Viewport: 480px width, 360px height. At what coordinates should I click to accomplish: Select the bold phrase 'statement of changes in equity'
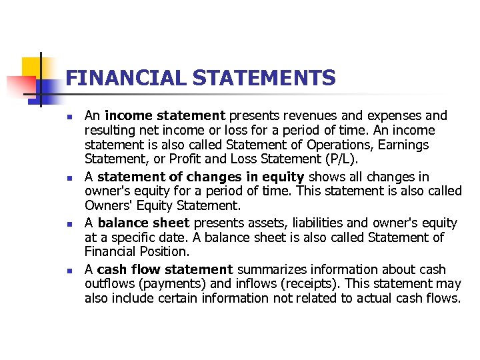(x=201, y=177)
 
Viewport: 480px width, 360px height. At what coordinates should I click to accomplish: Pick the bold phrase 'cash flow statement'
(x=165, y=269)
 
